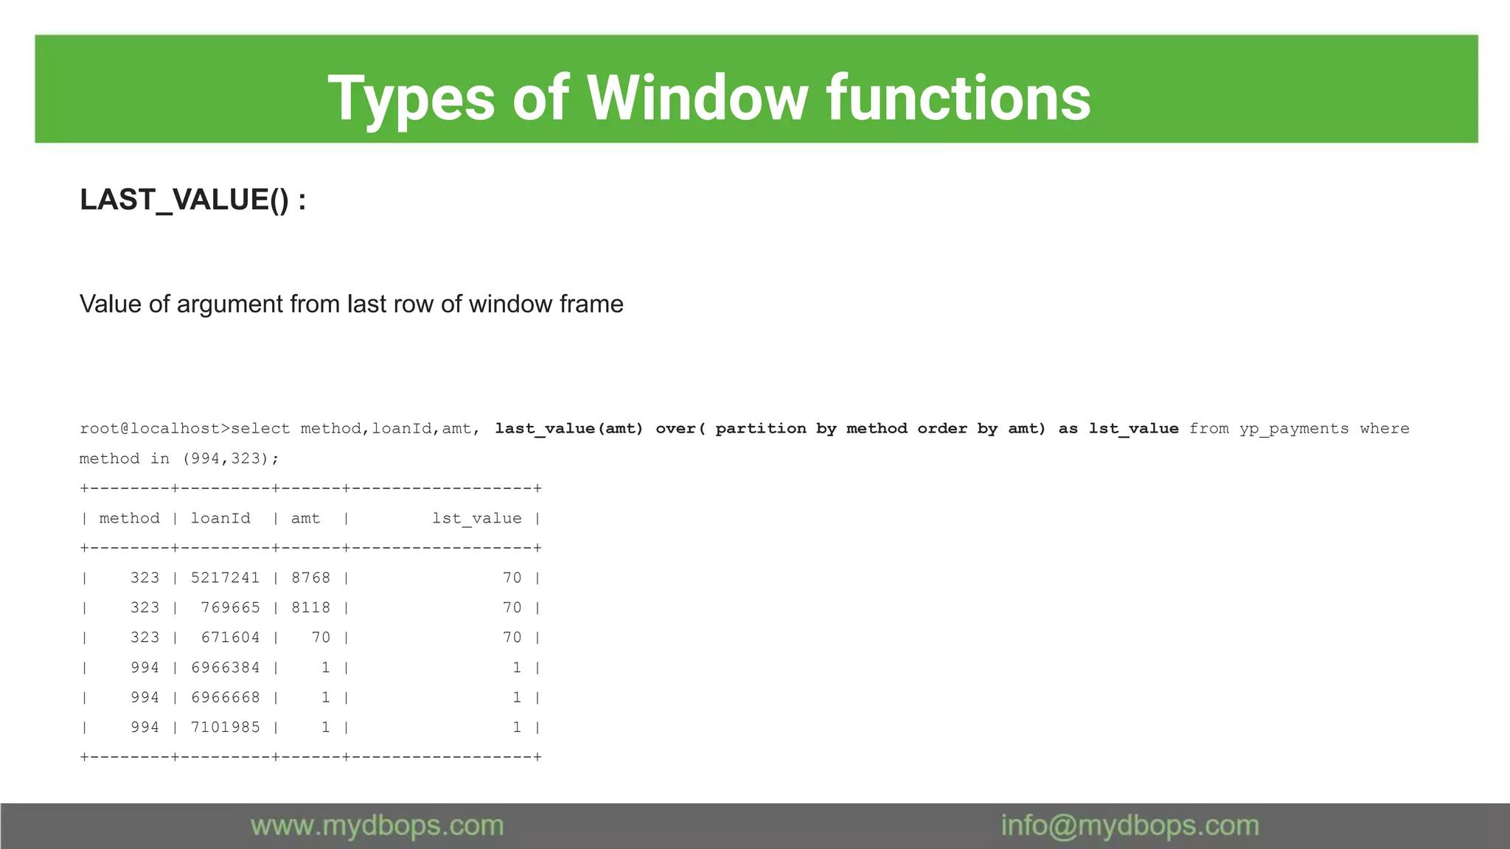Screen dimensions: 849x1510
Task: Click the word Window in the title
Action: click(x=697, y=99)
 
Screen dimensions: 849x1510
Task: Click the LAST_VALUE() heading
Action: click(x=192, y=200)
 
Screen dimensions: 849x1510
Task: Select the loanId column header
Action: click(x=220, y=518)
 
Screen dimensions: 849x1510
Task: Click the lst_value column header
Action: click(x=476, y=518)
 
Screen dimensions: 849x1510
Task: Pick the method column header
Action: click(x=129, y=518)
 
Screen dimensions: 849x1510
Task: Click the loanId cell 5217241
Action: click(x=225, y=578)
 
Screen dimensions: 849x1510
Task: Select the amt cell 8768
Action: click(x=310, y=578)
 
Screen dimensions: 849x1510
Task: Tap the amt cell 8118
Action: click(x=310, y=608)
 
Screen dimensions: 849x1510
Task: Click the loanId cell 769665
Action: click(x=230, y=608)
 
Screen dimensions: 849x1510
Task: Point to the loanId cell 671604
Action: click(x=230, y=637)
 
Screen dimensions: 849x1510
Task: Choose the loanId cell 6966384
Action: click(x=225, y=668)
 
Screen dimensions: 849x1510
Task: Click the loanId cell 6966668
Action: click(x=225, y=697)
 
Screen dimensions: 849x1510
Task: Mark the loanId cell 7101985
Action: click(x=225, y=727)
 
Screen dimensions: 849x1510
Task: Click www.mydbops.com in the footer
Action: click(x=377, y=826)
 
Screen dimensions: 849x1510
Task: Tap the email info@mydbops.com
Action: click(x=1130, y=826)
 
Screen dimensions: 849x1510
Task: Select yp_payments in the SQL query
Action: click(x=1294, y=429)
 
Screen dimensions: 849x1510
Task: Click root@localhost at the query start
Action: click(x=150, y=429)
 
